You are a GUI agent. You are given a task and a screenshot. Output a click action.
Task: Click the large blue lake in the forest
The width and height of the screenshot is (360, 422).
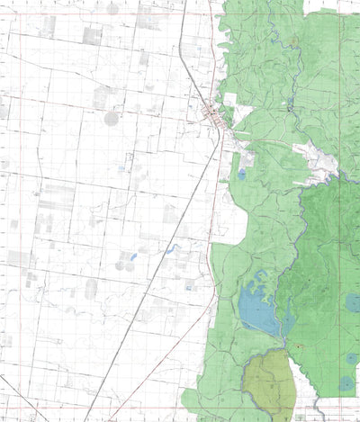(257, 311)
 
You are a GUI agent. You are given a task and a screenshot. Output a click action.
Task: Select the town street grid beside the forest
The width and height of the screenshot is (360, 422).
(213, 114)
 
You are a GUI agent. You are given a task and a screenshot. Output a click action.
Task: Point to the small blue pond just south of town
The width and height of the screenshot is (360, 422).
(241, 174)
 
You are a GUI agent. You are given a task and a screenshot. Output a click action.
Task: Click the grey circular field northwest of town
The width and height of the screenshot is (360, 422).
(112, 118)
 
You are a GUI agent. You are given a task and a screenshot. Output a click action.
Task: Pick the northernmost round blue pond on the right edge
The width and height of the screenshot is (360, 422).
(354, 302)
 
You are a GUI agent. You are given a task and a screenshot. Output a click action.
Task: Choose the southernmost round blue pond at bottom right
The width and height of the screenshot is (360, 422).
(346, 384)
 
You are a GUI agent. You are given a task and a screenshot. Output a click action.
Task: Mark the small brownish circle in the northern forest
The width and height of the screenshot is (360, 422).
(293, 40)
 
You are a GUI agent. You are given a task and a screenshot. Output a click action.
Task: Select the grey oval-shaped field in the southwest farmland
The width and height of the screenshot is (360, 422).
(90, 288)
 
